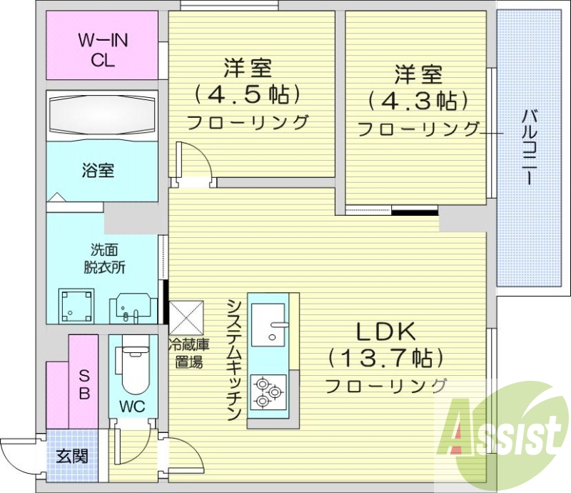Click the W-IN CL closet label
[x=103, y=50]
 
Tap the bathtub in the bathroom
[x=102, y=116]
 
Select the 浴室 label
[x=98, y=170]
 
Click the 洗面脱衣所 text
[x=104, y=259]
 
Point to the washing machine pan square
[x=77, y=306]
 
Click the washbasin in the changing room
[x=133, y=308]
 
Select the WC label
[x=133, y=407]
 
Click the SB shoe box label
[x=84, y=384]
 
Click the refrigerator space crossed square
[x=186, y=317]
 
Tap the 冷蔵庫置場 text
[x=188, y=353]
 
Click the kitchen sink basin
[x=268, y=325]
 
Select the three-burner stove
[x=268, y=392]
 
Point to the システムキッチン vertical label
[x=235, y=360]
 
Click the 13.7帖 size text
[x=385, y=359]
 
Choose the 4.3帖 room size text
[x=418, y=100]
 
